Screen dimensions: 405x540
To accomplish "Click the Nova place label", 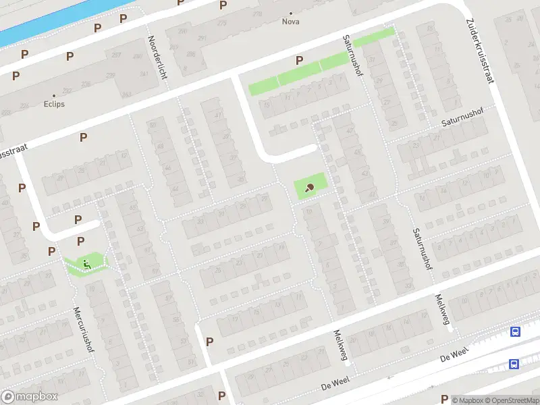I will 291,21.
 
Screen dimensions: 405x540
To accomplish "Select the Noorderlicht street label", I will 157,57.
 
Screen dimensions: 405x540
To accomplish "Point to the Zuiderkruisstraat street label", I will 480,51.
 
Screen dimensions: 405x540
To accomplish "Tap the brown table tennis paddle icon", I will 310,188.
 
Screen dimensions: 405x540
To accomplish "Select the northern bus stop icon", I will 516,331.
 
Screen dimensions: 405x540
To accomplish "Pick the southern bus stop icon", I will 514,364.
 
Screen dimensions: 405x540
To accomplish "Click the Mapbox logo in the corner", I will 30,397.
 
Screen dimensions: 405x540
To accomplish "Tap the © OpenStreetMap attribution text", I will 512,400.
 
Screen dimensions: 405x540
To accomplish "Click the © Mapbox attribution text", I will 467,400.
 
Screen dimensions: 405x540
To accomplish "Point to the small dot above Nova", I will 291,13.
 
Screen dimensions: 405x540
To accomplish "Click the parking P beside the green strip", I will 298,61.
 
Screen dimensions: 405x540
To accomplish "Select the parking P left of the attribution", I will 444,399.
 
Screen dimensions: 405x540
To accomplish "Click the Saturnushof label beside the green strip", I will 352,56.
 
